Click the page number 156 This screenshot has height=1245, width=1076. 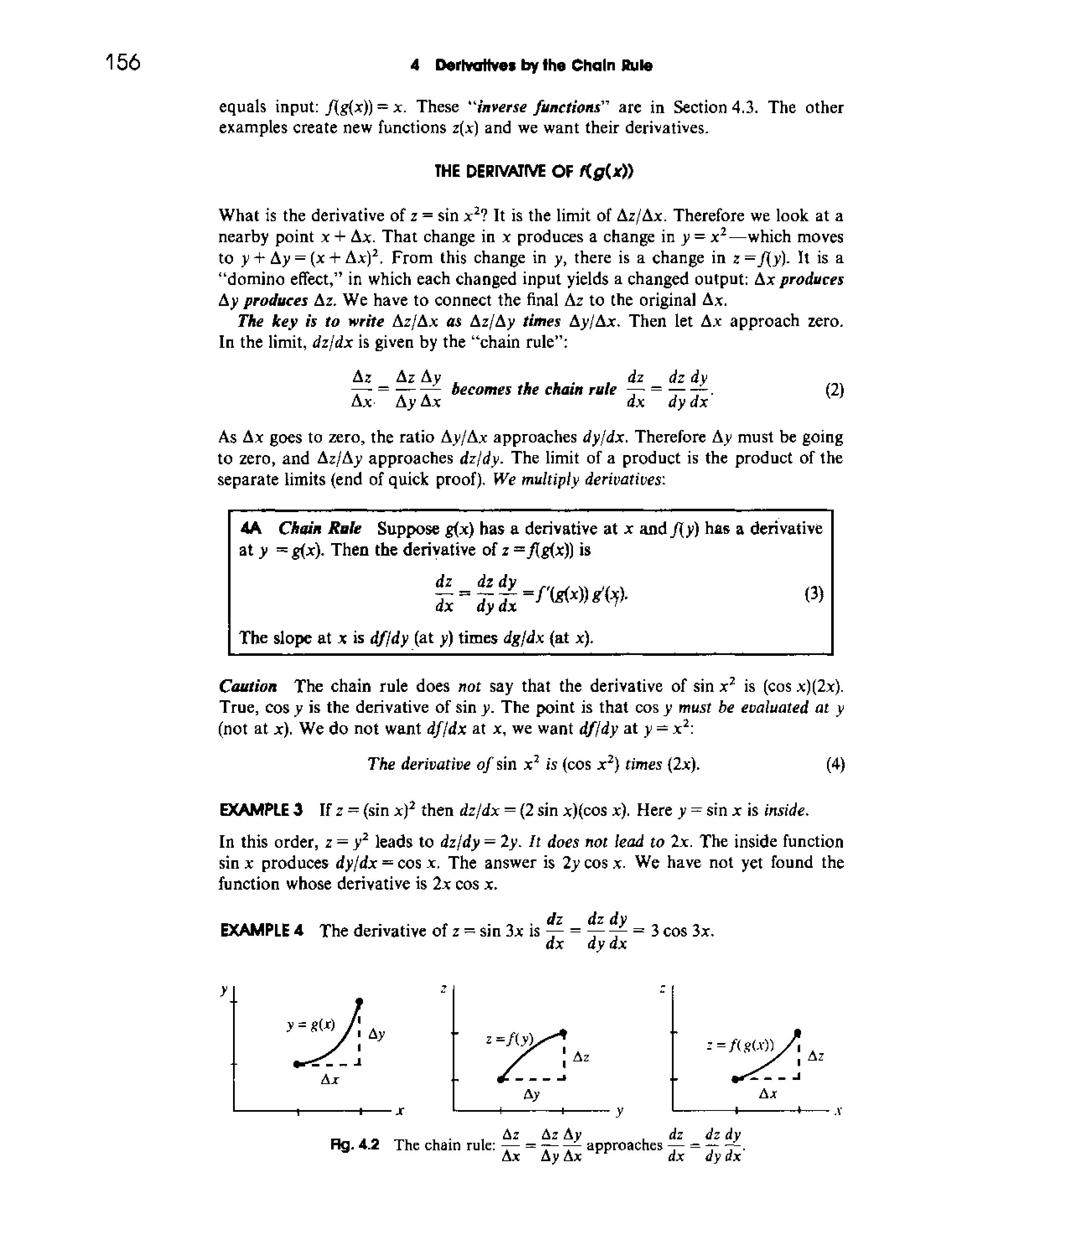click(123, 62)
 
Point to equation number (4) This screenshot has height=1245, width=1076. click(835, 764)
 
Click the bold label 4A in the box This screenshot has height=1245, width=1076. click(251, 528)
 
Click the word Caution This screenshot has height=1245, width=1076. click(248, 686)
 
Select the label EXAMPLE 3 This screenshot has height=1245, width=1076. click(262, 810)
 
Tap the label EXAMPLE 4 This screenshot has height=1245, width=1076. click(262, 931)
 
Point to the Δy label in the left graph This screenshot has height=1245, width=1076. click(376, 1034)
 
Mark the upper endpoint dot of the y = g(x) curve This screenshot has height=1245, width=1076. click(360, 1002)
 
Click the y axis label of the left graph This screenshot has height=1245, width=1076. click(223, 987)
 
